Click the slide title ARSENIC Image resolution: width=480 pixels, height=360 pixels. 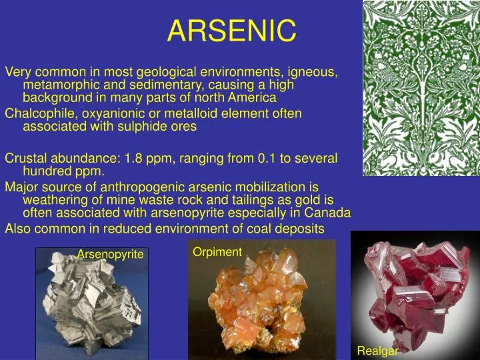click(231, 30)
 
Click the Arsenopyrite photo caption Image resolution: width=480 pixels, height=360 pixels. click(110, 254)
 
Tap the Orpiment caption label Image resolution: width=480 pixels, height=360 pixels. click(217, 251)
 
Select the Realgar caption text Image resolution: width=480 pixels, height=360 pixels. click(377, 351)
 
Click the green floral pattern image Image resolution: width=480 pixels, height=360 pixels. click(421, 88)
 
